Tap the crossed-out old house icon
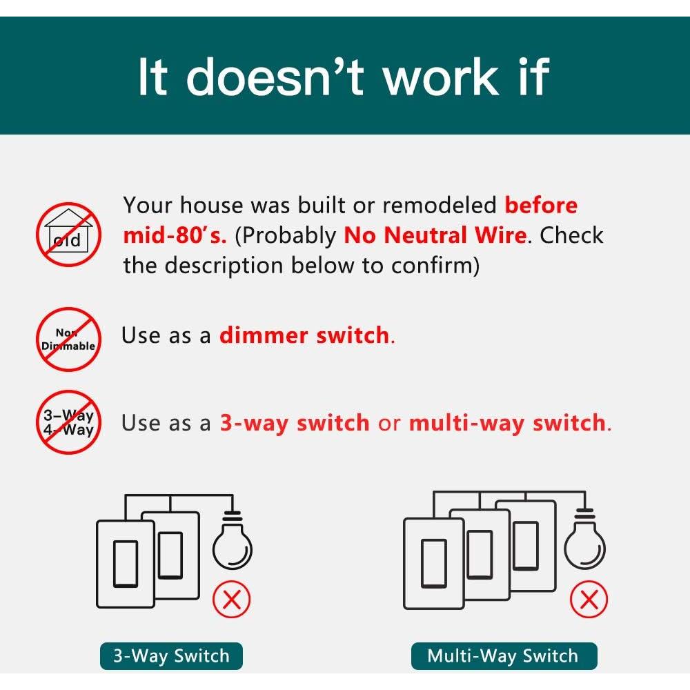68,235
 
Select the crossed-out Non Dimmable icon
68,339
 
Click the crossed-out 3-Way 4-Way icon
68,422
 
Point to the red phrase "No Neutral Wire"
435,235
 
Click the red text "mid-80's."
175,235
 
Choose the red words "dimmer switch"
304,335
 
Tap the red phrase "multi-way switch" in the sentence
507,423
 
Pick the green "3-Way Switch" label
171,655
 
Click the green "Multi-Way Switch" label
504,655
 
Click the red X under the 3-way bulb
231,600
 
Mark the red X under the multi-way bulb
589,600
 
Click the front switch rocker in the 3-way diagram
126,564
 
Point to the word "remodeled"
439,205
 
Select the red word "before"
541,205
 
